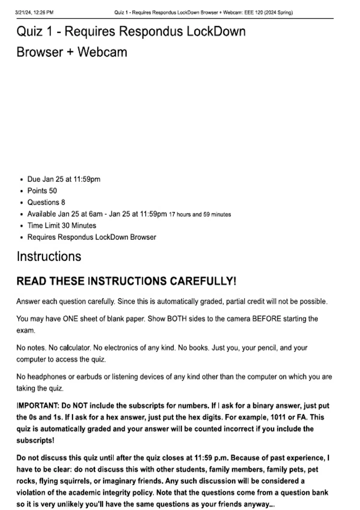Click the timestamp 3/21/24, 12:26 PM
pyautogui.click(x=34, y=13)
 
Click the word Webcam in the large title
pyautogui.click(x=102, y=52)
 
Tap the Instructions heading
pyautogui.click(x=49, y=256)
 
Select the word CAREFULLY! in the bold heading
pyautogui.click(x=203, y=281)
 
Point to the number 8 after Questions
pyautogui.click(x=63, y=202)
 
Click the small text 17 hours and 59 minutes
pyautogui.click(x=200, y=214)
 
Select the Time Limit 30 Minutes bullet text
pyautogui.click(x=62, y=226)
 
